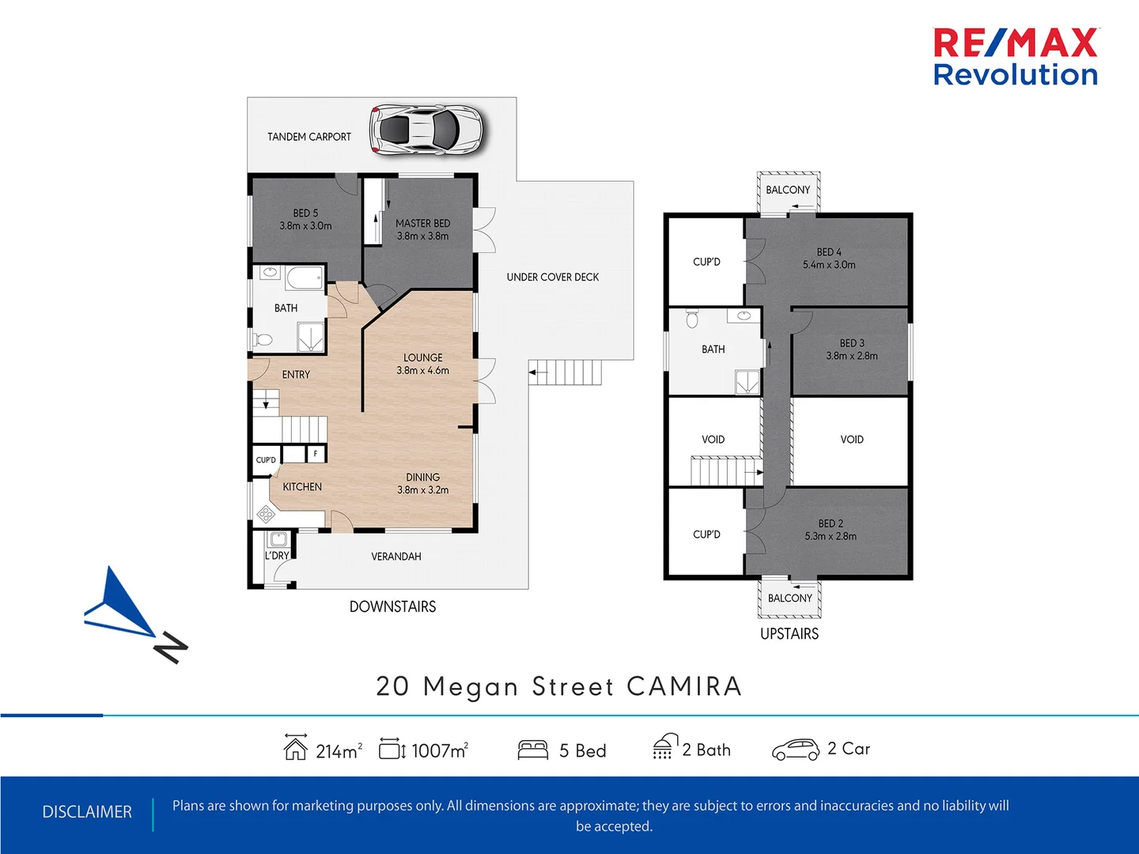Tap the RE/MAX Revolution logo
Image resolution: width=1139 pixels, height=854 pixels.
click(1016, 57)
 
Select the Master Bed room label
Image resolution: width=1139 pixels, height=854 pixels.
click(422, 229)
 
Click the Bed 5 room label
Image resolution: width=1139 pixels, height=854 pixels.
click(305, 219)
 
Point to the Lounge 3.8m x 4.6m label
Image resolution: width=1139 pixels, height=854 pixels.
click(422, 364)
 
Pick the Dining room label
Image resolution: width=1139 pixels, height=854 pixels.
click(422, 483)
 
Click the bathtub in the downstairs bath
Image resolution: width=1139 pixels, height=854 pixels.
click(305, 278)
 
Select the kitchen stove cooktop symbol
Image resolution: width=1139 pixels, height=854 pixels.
click(266, 515)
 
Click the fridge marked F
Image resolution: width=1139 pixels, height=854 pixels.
click(316, 454)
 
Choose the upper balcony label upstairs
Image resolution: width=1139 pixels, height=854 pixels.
click(788, 190)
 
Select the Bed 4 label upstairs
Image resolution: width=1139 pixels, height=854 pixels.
click(829, 259)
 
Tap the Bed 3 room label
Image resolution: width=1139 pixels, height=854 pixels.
click(851, 350)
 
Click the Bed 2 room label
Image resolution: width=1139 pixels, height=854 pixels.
click(831, 530)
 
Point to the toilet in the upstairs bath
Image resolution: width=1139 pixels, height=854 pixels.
click(693, 319)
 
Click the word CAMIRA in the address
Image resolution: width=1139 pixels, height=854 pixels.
click(684, 686)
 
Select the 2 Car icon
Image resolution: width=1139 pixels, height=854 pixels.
click(795, 750)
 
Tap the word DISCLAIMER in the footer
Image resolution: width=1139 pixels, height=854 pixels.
click(87, 812)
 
